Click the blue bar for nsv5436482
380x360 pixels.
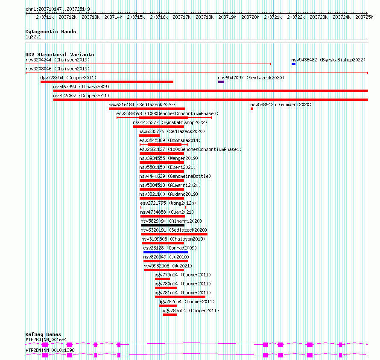[293, 64]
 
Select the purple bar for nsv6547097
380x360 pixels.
[221, 82]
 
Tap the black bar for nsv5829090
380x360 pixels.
[163, 225]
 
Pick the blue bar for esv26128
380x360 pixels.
[166, 252]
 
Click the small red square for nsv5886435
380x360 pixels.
[252, 109]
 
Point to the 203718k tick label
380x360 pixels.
[205, 17]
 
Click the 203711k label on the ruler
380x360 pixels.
[45, 17]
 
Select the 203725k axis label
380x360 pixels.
[364, 17]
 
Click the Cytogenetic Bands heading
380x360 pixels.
[51, 32]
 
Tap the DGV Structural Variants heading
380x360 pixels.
[60, 55]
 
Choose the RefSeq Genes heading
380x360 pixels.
[43, 334]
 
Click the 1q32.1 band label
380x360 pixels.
[33, 37]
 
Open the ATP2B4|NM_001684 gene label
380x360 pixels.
[46, 340]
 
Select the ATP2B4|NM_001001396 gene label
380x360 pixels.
[50, 350]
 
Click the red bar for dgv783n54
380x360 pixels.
[170, 315]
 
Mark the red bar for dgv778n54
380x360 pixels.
[107, 82]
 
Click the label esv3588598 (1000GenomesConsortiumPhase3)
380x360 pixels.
[167, 113]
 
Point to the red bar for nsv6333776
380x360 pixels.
[149, 136]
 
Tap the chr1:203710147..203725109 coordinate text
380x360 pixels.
[58, 9]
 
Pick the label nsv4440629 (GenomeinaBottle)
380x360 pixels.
[175, 176]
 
